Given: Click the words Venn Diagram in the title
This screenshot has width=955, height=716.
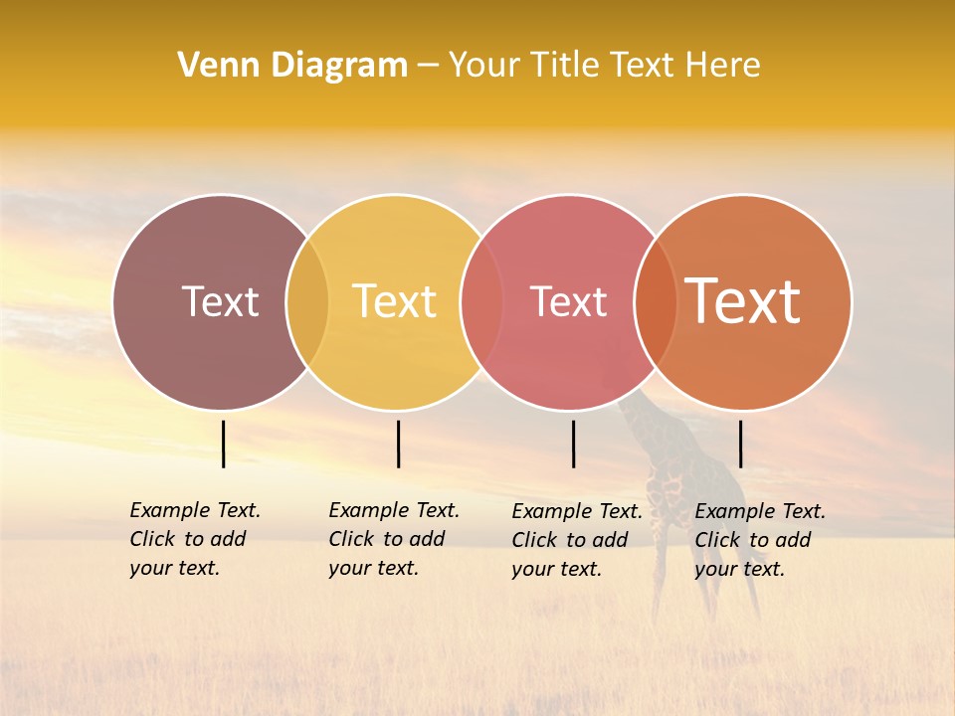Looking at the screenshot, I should coord(292,66).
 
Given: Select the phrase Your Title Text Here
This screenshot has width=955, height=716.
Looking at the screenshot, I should coord(604,66).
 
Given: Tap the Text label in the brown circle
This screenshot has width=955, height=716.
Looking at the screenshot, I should coord(220,301).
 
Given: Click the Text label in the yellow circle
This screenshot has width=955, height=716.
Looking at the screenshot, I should coord(395,301).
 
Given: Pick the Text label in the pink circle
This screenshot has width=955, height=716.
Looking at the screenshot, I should coord(568,301).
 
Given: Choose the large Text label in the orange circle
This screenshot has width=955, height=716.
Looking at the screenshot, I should coord(743,301).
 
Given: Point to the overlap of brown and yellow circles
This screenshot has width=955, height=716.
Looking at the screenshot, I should coord(307,302).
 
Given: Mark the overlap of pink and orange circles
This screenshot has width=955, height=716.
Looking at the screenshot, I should coord(656,302).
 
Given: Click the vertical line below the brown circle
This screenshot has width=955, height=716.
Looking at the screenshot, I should coord(224,444).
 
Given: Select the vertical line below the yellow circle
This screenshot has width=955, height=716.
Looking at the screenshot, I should coord(398,444).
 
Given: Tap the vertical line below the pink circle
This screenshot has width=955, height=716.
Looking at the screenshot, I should coord(573,444).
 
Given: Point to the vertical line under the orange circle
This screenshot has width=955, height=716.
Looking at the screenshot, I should coord(740,444).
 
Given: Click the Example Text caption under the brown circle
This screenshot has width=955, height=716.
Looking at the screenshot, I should coord(195,539).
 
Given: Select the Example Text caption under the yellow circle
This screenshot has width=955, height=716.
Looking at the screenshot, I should coord(394,539).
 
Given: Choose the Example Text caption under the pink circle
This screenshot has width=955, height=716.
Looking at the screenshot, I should coord(577,540).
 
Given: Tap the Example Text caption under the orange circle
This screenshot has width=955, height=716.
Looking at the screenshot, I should coord(760,540).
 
